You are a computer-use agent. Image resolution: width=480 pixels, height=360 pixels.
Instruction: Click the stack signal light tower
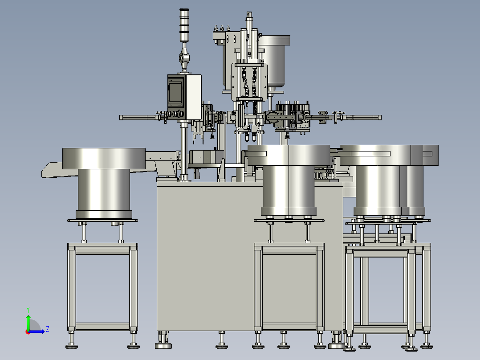pos(184,25)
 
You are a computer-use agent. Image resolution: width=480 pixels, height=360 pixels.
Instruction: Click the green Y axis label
pos(28,310)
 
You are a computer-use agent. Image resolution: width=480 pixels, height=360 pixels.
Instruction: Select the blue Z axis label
pos(48,329)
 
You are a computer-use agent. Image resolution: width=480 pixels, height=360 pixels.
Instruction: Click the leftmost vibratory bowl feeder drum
pos(104,183)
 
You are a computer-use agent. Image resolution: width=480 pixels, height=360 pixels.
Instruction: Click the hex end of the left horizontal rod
pos(121,117)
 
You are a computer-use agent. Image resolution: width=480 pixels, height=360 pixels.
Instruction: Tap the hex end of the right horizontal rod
pos(379,117)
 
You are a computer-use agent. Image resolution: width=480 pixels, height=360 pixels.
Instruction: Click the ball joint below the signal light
pos(184,57)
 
